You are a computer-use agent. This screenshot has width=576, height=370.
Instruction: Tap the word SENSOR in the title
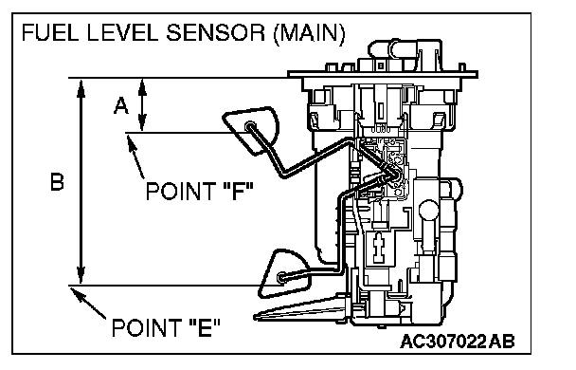(x=215, y=32)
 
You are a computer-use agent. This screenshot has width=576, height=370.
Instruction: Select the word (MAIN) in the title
(x=309, y=33)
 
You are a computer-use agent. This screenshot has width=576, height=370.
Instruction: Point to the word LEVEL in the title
(x=123, y=32)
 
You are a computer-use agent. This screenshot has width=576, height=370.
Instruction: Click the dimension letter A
(x=121, y=105)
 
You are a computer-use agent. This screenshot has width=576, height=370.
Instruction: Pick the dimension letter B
(x=57, y=182)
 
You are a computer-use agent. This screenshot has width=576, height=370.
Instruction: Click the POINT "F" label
(x=200, y=192)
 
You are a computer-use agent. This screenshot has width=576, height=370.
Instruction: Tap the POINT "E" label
(x=166, y=328)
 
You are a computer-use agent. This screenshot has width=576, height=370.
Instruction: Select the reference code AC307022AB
(x=458, y=342)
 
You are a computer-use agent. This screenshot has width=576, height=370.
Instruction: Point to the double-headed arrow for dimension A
(x=142, y=104)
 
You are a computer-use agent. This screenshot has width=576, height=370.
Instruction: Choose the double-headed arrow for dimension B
(x=81, y=181)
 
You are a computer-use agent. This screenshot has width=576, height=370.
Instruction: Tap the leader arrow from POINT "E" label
(x=88, y=303)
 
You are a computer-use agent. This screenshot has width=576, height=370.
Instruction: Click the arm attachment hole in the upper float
(x=250, y=126)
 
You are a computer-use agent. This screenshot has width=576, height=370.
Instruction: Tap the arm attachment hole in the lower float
(x=281, y=277)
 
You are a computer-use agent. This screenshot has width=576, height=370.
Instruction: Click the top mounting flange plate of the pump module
(x=383, y=75)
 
